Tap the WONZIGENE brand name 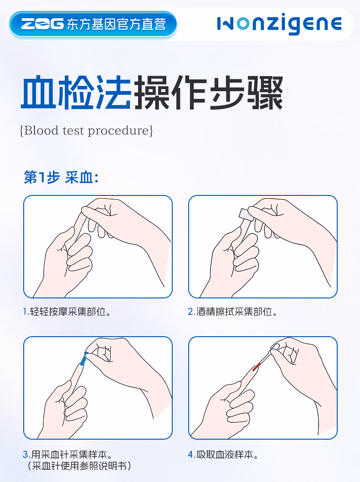279,24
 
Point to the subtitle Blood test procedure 87,131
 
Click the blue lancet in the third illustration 83,359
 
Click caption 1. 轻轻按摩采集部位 67,312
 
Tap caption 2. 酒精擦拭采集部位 233,312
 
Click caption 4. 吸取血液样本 223,454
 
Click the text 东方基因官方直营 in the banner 116,24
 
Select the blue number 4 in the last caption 191,454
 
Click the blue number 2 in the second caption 191,312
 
